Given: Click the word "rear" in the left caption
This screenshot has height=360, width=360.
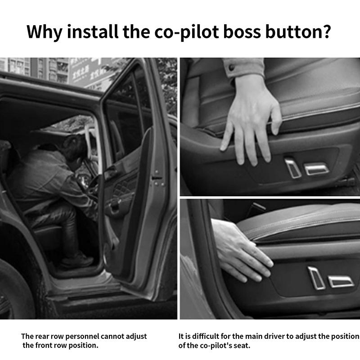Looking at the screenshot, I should tap(44, 337).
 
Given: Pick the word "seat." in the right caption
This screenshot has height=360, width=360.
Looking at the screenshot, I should tap(241, 346).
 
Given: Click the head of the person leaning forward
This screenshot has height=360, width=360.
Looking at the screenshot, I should tap(74, 147).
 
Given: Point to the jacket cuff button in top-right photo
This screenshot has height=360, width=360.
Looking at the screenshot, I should tap(232, 68).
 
